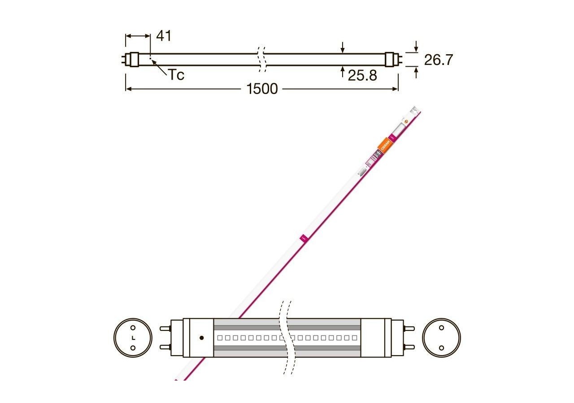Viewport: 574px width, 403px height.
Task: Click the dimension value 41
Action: coord(164,36)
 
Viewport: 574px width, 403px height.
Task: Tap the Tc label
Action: coord(176,75)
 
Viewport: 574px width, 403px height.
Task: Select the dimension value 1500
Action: coord(262,89)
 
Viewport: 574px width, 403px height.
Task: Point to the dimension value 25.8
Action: coord(362,75)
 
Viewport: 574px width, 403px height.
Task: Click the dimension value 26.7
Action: coord(439,60)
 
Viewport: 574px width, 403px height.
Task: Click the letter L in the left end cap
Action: coord(133,338)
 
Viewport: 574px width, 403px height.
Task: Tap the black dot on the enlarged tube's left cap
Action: coord(201,337)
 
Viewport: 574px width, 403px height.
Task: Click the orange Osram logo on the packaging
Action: coord(385,146)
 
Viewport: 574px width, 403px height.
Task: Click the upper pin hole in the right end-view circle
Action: coord(441,328)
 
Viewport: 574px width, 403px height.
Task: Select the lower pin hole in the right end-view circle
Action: coord(441,347)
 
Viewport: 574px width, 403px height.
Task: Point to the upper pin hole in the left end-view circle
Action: coord(133,328)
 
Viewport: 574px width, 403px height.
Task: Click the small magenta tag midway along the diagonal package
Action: coord(302,237)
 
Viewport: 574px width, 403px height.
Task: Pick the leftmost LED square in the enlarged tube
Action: coord(219,338)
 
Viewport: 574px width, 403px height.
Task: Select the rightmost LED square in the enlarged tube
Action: coord(354,338)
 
